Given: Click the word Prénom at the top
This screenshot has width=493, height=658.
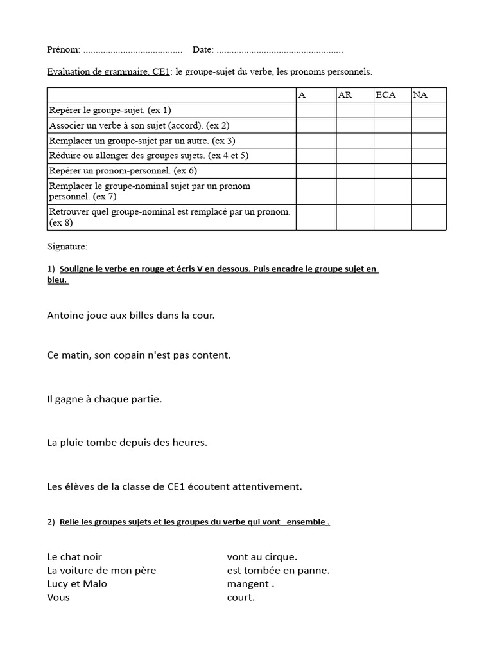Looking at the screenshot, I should (63, 49).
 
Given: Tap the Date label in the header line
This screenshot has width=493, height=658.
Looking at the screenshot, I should (202, 49).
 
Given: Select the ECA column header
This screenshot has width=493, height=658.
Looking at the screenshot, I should (386, 95).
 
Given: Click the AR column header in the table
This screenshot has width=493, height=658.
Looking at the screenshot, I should (345, 95).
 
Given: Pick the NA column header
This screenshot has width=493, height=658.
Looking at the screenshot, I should (420, 95).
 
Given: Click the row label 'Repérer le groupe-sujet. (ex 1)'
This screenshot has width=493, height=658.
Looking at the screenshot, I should (110, 110).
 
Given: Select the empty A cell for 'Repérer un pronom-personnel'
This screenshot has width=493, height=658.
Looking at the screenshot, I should (316, 170).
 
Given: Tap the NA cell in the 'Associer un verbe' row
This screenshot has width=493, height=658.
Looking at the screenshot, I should (428, 125).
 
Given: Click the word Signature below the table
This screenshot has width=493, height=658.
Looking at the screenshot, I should (67, 246).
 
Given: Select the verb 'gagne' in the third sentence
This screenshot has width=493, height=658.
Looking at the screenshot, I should (69, 399).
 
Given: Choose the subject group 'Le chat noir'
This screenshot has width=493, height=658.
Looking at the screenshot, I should (74, 556).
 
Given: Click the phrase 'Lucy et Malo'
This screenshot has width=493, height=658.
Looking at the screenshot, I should (77, 583).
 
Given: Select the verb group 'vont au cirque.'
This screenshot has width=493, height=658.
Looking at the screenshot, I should (262, 556).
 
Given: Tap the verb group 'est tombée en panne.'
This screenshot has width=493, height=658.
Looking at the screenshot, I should (278, 570).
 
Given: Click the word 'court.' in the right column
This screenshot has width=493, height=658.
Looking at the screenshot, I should (241, 597).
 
